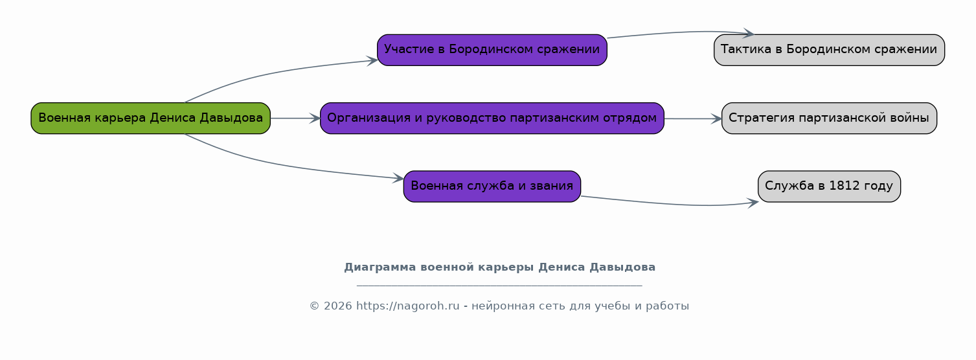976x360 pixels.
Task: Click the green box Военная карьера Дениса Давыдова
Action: (x=151, y=118)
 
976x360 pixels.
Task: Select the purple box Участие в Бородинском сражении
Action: (x=492, y=50)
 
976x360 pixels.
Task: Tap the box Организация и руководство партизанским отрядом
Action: (x=492, y=118)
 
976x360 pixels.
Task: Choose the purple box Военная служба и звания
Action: (x=492, y=186)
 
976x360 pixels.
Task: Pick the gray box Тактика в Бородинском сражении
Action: (x=829, y=50)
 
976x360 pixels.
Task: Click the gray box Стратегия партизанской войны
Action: (x=829, y=118)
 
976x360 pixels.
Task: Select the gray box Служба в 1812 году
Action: (x=829, y=186)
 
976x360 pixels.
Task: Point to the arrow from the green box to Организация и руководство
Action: (x=295, y=118)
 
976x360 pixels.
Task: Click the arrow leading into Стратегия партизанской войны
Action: (x=693, y=118)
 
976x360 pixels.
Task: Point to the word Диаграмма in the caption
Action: (x=380, y=267)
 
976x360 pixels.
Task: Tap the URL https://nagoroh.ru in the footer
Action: (x=408, y=306)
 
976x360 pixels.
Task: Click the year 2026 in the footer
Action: (x=337, y=306)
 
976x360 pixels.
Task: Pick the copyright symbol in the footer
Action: (x=315, y=306)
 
